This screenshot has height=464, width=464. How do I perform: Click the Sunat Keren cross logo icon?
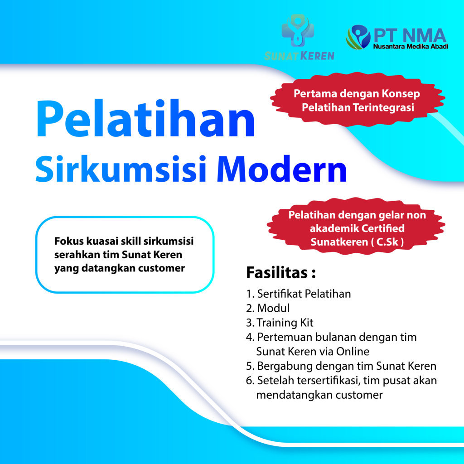tap(298, 31)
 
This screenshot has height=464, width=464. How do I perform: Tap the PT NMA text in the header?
tap(410, 35)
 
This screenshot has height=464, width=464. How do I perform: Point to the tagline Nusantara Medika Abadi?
tap(411, 47)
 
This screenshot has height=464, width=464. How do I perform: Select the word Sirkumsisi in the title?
tap(121, 169)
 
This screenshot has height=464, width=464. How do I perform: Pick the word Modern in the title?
tap(282, 169)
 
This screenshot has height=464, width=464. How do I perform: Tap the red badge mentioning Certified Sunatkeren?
tap(356, 228)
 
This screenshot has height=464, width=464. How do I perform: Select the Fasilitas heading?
tap(281, 273)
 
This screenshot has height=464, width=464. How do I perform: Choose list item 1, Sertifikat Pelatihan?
tap(298, 294)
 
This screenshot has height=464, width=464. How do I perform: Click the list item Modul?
tap(268, 308)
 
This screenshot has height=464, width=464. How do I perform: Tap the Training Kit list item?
tap(280, 323)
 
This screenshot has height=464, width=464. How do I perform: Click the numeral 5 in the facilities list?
tap(249, 366)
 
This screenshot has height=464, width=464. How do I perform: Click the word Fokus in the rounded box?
tap(69, 241)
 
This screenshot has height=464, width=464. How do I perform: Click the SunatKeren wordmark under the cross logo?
tap(299, 56)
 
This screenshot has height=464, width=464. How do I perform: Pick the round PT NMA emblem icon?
tap(358, 37)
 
